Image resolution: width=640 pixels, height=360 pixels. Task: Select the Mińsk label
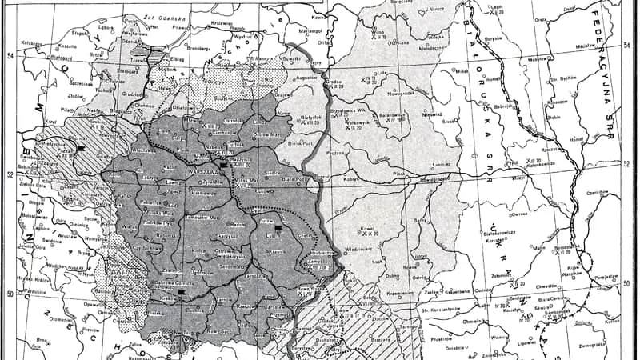point(462,70)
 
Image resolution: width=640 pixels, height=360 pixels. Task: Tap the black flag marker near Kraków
point(182,293)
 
